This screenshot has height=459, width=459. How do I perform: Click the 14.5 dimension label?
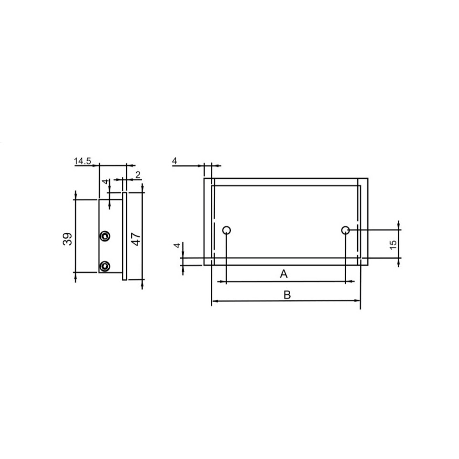click(82, 162)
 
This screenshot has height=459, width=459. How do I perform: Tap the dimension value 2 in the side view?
click(138, 175)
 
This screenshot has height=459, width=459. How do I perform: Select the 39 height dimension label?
click(68, 239)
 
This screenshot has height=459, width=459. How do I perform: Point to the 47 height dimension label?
click(136, 239)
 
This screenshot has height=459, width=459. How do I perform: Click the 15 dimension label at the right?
click(393, 245)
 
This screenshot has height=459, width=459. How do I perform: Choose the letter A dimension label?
click(284, 274)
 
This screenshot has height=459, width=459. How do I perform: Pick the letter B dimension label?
click(287, 295)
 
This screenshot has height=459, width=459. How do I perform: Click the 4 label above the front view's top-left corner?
click(175, 162)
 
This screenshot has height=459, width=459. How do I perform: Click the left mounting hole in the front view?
click(227, 230)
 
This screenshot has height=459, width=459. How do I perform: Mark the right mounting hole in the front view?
click(345, 230)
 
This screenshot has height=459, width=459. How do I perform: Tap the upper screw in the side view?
click(104, 236)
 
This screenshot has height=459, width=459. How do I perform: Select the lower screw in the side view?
click(104, 265)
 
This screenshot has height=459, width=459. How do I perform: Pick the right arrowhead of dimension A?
click(342, 282)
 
